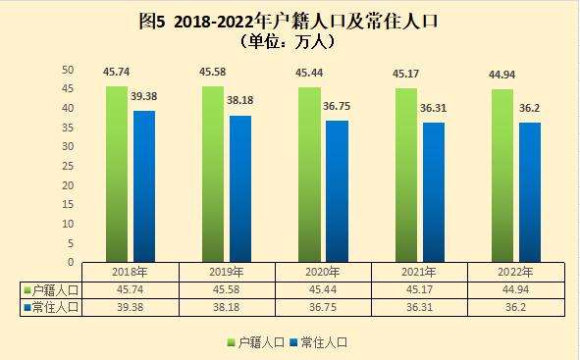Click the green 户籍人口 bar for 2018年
pos(117,174)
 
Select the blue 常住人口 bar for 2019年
pos(240,189)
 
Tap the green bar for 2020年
pos(309,175)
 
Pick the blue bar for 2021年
pos(434,192)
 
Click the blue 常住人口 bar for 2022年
pos(530,192)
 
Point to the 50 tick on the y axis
pos(68,70)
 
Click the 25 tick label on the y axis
pos(68,166)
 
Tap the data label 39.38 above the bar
pos(144,96)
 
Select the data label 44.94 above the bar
pos(501,75)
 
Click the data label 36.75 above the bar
pos(337,107)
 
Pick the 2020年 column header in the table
pos(323,273)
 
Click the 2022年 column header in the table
pos(515,273)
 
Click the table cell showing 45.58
pos(226,289)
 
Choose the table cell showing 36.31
pos(419,307)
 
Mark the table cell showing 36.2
pos(515,307)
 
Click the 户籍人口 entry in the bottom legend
pos(256,342)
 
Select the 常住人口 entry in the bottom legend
pos(319,342)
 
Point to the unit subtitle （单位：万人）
pos(288,42)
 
